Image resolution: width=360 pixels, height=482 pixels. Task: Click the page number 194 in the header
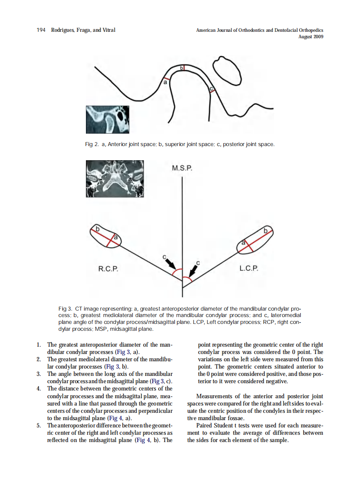click(41, 30)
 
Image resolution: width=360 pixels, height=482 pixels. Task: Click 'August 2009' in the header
click(311, 37)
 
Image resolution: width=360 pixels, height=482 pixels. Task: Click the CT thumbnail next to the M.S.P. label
click(115, 179)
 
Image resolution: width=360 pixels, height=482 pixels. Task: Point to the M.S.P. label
click(182, 168)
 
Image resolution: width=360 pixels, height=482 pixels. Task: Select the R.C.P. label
click(108, 269)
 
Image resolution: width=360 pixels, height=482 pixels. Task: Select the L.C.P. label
click(249, 269)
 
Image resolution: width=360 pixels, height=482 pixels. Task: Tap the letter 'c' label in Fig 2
click(211, 89)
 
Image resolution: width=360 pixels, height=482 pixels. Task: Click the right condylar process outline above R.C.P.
click(106, 237)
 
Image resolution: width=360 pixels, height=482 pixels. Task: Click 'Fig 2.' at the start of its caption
click(92, 144)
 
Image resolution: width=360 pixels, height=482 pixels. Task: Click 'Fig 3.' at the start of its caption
click(65, 308)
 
